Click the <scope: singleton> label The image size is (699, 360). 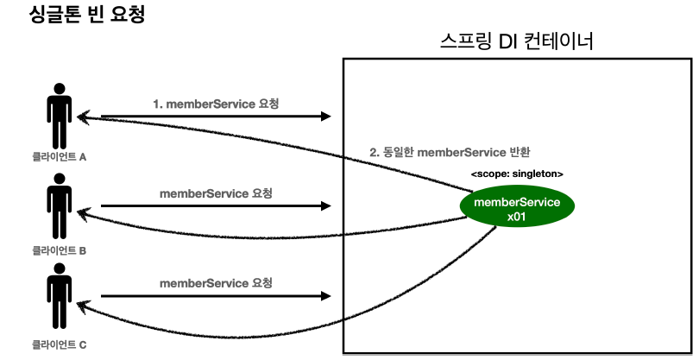(517, 174)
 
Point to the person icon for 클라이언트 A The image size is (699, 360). (59, 117)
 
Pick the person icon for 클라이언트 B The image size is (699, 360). (59, 207)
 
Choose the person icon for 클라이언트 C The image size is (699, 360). (59, 298)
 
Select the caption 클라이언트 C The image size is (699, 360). (59, 344)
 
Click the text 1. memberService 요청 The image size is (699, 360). (216, 104)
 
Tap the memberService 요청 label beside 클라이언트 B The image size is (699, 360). (216, 193)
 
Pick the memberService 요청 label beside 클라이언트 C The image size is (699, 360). (216, 283)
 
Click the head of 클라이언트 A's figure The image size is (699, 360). (59, 89)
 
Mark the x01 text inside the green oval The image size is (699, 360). (518, 218)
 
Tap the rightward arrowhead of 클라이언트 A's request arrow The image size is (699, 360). (327, 116)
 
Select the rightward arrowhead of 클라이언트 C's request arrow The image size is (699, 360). (327, 295)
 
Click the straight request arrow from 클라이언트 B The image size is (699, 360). (216, 205)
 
